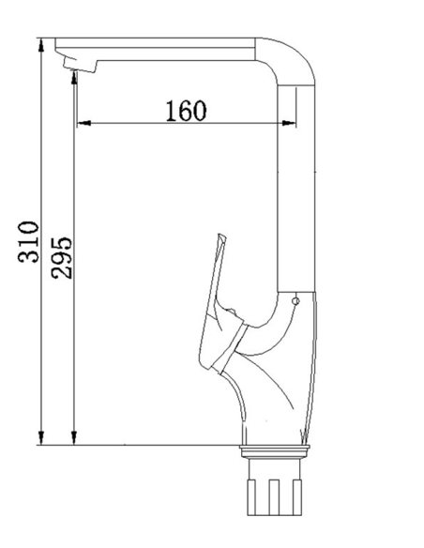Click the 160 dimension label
click(186, 111)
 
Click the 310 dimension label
click(28, 241)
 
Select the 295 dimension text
click(62, 258)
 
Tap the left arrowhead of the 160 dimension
click(83, 123)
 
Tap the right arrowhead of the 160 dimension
click(289, 123)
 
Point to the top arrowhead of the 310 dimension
click(41, 45)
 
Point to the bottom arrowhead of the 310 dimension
click(41, 438)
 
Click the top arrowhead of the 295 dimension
click(74, 77)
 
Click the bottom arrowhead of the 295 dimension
click(74, 438)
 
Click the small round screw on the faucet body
click(295, 301)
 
